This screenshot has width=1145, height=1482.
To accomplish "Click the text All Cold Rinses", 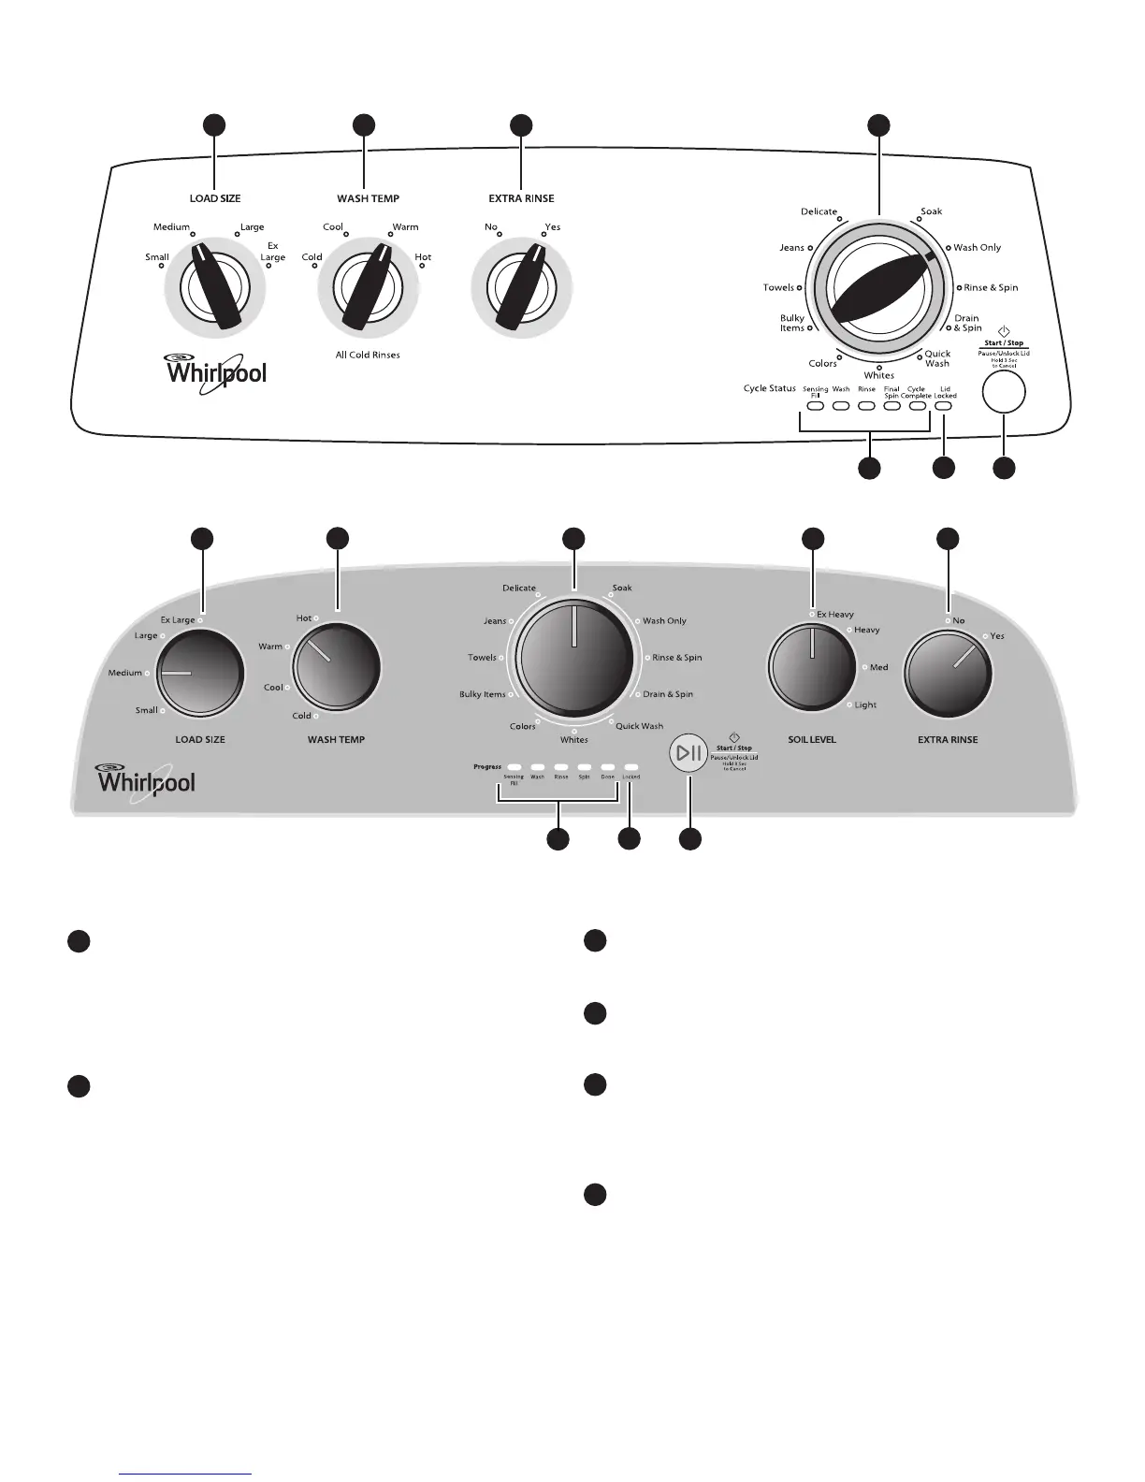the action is pyautogui.click(x=368, y=356).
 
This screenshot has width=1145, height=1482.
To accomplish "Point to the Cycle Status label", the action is pyautogui.click(x=769, y=388).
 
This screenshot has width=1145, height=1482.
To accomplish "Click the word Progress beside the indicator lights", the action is pyautogui.click(x=487, y=766).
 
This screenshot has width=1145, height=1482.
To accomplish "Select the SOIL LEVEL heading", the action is pyautogui.click(x=812, y=739).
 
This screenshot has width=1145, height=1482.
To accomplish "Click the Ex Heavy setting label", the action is pyautogui.click(x=834, y=615).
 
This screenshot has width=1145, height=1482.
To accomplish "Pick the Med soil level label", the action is pyautogui.click(x=878, y=667).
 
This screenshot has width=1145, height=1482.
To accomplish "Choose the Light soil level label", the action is pyautogui.click(x=865, y=705).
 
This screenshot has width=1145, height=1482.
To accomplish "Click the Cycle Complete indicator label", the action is pyautogui.click(x=916, y=392).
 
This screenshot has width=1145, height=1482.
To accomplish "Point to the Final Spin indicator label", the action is pyautogui.click(x=891, y=392).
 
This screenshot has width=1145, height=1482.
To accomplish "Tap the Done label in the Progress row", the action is pyautogui.click(x=607, y=777).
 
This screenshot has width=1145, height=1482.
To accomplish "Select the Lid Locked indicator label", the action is pyautogui.click(x=945, y=392).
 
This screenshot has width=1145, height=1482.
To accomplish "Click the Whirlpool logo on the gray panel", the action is pyautogui.click(x=147, y=781).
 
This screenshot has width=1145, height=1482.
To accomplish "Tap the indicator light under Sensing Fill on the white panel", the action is pyautogui.click(x=815, y=407).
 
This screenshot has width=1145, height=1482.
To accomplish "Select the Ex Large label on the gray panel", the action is pyautogui.click(x=178, y=619).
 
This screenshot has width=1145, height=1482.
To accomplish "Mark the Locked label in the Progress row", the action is pyautogui.click(x=631, y=777).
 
